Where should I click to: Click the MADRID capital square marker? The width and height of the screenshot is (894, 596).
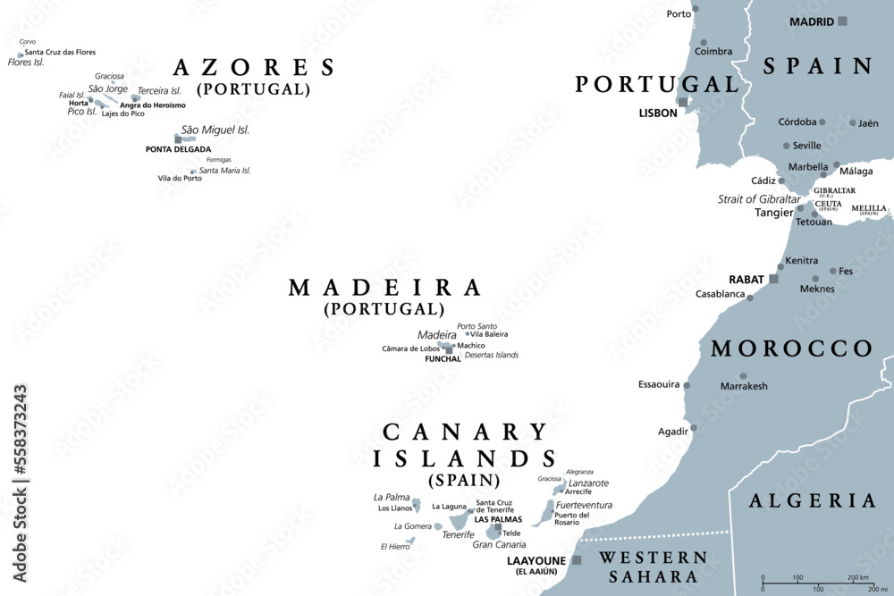842,21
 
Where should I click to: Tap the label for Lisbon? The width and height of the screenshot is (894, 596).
660,113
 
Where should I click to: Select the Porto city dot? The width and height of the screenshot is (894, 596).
696,13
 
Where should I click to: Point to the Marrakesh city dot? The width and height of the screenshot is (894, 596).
743,376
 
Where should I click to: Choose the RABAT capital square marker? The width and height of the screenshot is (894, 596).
773,279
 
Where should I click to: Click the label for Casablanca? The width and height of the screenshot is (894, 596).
721,294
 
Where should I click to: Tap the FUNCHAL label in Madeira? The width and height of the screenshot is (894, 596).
443,359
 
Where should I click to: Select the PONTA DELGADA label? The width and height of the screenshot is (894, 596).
179,149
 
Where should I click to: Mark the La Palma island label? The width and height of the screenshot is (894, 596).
391,497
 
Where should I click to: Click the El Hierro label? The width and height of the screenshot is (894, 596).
395,547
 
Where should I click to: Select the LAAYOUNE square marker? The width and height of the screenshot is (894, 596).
577,560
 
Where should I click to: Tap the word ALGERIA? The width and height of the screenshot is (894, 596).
812,500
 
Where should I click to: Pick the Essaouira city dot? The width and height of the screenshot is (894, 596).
687,385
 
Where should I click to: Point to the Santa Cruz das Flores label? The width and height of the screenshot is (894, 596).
60,52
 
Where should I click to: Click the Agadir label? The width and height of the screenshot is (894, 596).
673,431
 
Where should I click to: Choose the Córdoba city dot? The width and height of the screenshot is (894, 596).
822,122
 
